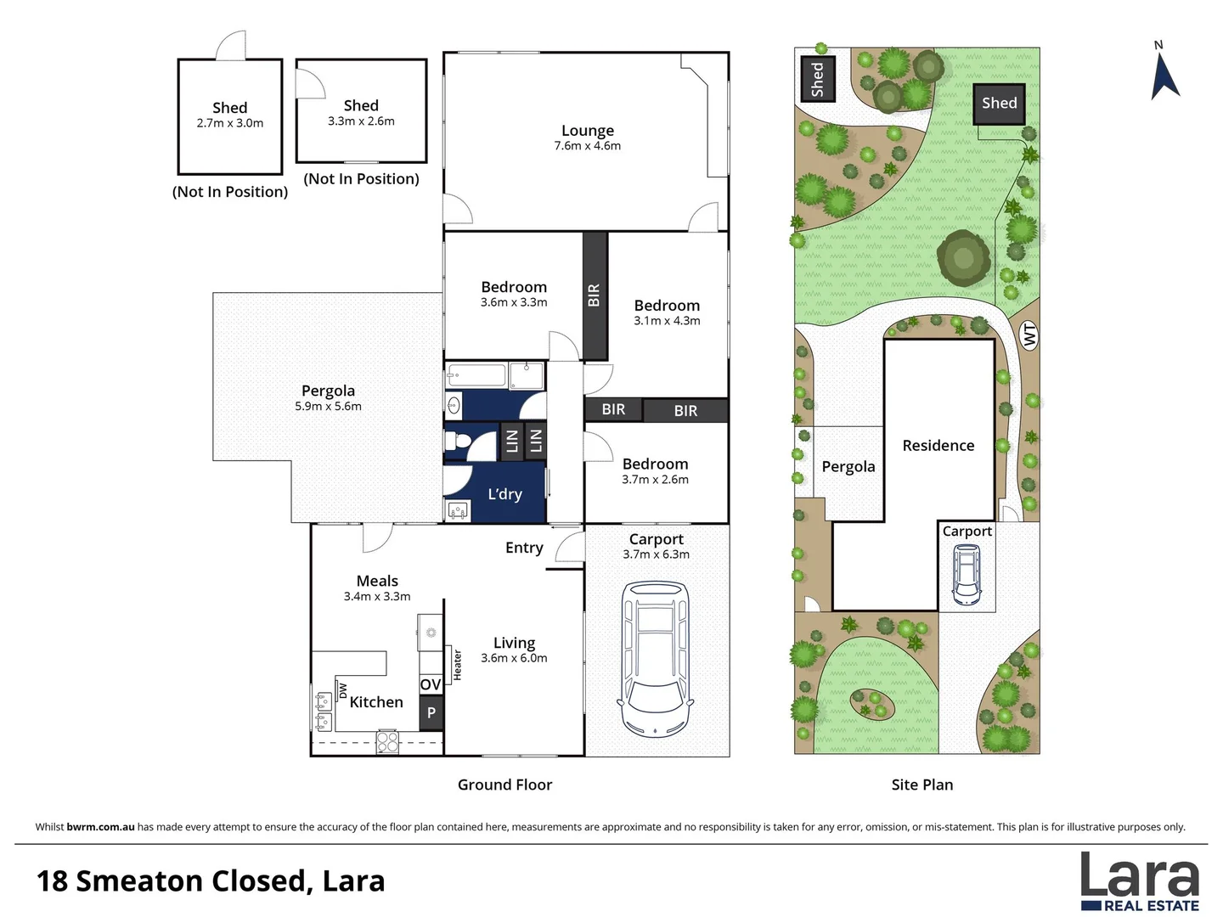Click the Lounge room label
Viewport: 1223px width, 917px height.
click(587, 131)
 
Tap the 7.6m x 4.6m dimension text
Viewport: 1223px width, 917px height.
click(587, 146)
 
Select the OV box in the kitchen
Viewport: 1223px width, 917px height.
click(431, 684)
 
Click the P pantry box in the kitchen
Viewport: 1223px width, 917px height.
click(431, 713)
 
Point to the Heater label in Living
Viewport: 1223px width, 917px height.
click(457, 665)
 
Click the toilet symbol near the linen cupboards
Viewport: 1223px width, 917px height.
click(459, 441)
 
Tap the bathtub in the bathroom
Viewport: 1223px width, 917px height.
click(476, 374)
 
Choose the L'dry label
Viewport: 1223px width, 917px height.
click(504, 494)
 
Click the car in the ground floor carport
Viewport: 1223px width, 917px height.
click(656, 658)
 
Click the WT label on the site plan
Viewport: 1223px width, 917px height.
click(1029, 335)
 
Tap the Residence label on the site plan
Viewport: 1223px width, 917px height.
click(938, 446)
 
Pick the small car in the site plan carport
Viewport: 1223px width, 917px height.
click(967, 574)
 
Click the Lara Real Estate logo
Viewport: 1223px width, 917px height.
click(1139, 881)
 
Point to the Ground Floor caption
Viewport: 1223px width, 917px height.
click(504, 785)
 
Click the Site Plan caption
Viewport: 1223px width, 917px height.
click(921, 785)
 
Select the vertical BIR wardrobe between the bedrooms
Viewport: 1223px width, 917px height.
click(595, 295)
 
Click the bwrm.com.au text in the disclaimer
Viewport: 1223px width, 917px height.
click(100, 827)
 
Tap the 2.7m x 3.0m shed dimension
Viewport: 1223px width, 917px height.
click(229, 123)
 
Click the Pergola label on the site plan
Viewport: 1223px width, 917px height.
click(848, 466)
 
